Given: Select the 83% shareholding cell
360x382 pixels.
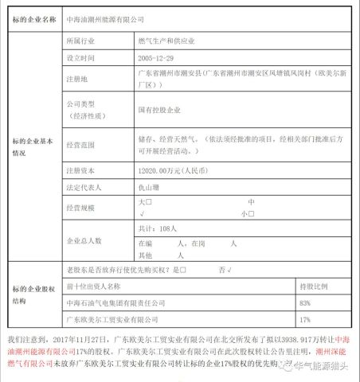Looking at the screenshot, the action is tap(304, 302).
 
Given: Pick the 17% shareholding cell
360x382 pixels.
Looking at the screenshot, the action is tap(304, 320).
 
